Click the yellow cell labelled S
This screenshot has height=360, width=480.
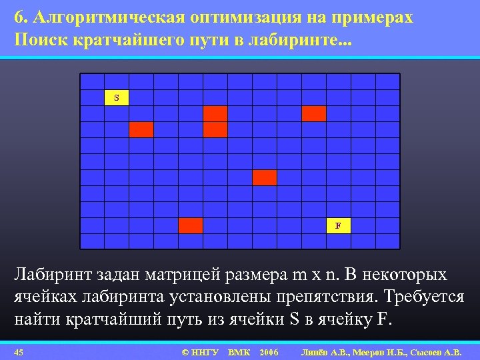pyautogui.click(x=117, y=98)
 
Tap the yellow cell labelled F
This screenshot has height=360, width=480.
pyautogui.click(x=338, y=225)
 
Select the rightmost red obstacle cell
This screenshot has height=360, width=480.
pyautogui.click(x=313, y=113)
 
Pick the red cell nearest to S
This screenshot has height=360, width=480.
pyautogui.click(x=141, y=129)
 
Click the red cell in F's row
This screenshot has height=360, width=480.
pyautogui.click(x=191, y=225)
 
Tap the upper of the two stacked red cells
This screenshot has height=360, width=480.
pyautogui.click(x=215, y=113)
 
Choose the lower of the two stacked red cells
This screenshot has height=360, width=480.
pyautogui.click(x=215, y=129)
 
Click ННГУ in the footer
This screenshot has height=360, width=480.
pyautogui.click(x=205, y=351)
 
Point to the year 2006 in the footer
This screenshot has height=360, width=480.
pyautogui.click(x=269, y=351)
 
